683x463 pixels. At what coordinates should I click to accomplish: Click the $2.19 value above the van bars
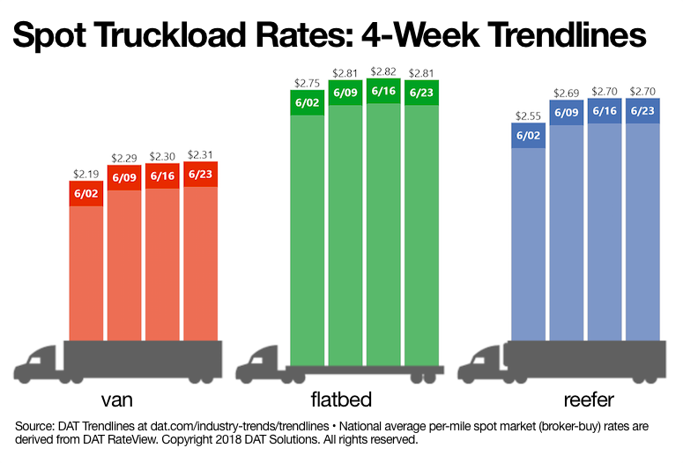click(x=85, y=175)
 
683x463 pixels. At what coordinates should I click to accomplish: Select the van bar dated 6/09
click(x=124, y=256)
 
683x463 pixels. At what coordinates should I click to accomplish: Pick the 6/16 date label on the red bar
click(x=162, y=176)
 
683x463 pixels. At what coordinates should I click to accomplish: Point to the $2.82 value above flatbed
click(x=384, y=72)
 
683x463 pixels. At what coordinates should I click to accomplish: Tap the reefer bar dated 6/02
click(x=528, y=238)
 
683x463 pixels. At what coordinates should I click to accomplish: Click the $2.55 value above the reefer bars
click(x=528, y=116)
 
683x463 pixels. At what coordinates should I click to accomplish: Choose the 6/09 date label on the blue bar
click(x=566, y=113)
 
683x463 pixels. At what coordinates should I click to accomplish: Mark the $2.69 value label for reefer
click(x=566, y=93)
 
